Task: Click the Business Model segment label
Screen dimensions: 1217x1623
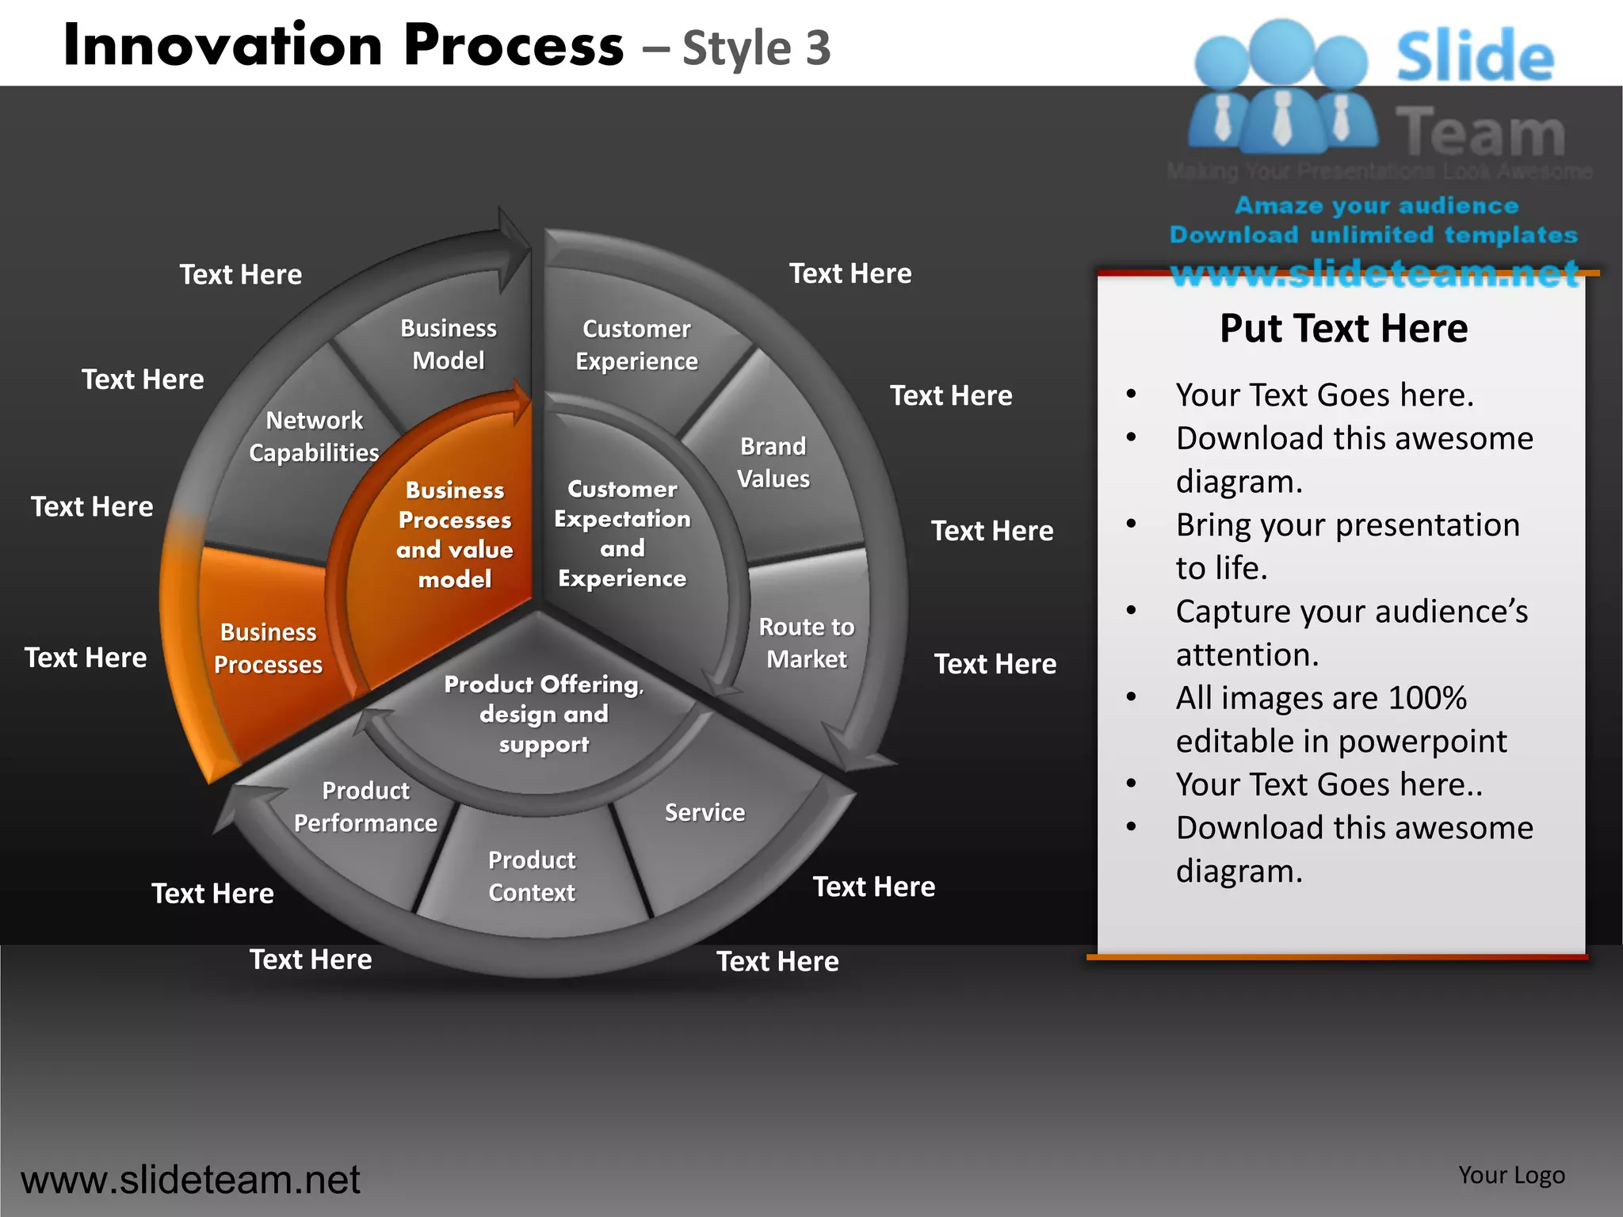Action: [x=448, y=345]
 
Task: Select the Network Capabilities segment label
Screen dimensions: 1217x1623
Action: [x=314, y=437]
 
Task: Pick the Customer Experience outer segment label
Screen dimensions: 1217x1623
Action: [x=636, y=345]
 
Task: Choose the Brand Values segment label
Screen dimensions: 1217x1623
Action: [x=773, y=463]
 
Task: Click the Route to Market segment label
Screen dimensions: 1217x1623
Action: [x=806, y=643]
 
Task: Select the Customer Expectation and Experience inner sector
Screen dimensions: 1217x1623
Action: [x=622, y=534]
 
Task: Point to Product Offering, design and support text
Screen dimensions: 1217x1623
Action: [x=544, y=714]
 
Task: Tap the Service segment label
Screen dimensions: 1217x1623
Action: [x=705, y=813]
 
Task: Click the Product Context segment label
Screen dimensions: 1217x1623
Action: [x=532, y=876]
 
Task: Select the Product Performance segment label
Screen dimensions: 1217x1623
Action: [x=365, y=807]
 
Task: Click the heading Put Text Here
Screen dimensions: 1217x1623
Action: [x=1343, y=329]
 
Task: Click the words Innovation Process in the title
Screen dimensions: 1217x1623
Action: [x=343, y=45]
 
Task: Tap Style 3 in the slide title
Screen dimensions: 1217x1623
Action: [x=756, y=48]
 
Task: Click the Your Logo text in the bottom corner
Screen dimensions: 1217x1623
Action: [x=1511, y=1175]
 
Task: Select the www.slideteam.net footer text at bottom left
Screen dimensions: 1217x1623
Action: [x=190, y=1180]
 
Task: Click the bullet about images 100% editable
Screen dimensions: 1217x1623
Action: [x=1340, y=719]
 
